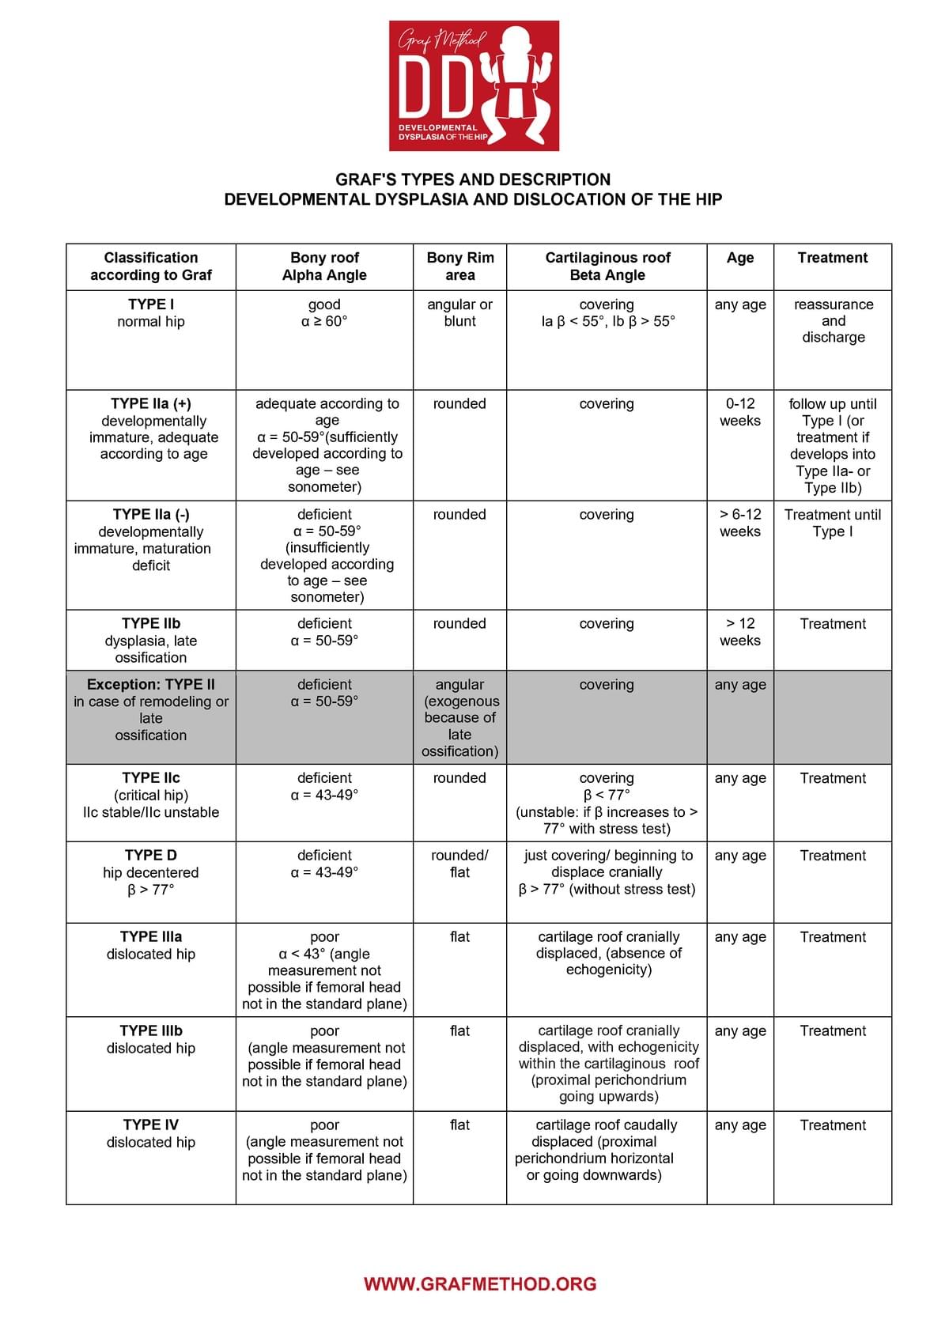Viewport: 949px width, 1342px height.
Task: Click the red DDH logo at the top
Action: tap(474, 85)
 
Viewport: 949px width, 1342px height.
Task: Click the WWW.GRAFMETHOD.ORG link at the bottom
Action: tap(480, 1283)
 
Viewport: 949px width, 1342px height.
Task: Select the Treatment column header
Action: tap(833, 258)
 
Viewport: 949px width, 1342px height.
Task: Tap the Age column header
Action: tap(740, 258)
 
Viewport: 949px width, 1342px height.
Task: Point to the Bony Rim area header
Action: tap(459, 267)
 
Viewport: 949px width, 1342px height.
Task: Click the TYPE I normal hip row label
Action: tap(151, 313)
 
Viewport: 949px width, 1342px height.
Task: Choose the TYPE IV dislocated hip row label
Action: tap(151, 1133)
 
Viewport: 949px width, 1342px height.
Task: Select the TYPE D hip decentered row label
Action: tap(151, 872)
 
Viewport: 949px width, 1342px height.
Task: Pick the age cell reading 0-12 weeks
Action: tap(740, 412)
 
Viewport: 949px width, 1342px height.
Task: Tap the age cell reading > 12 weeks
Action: tap(740, 632)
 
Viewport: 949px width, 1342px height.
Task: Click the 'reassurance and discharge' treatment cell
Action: tap(833, 320)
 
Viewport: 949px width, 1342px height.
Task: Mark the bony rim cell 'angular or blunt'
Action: tap(459, 313)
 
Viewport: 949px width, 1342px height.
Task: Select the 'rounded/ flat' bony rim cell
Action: tap(459, 864)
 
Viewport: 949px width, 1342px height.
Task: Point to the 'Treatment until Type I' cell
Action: tap(833, 523)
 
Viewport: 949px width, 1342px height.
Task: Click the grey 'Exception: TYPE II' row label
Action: tap(151, 709)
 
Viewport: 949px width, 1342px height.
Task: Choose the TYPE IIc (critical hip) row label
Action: tap(151, 795)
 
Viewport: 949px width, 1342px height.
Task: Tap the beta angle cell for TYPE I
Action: tap(607, 313)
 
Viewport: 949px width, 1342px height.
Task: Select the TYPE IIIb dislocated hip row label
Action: tap(151, 1039)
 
